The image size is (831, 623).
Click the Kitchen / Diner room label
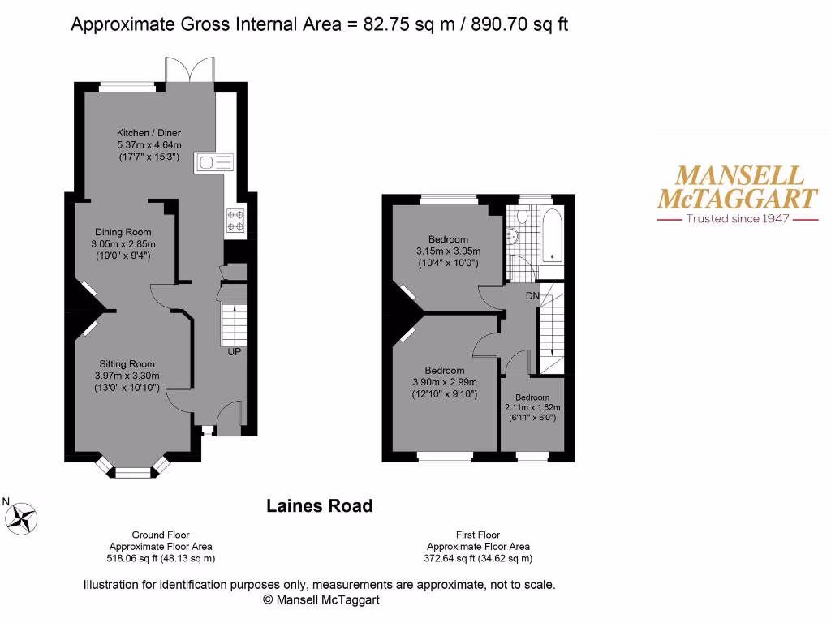point(149,133)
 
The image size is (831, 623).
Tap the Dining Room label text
point(123,232)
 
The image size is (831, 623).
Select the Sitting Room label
point(127,364)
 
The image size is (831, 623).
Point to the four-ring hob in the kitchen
point(235,221)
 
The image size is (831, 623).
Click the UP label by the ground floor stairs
point(234,351)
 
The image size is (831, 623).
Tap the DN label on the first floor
point(532,296)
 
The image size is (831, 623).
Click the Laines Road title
point(320,506)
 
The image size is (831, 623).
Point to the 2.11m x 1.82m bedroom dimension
point(532,408)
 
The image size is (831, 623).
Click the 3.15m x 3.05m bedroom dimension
point(448,251)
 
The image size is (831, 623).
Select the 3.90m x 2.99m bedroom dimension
point(445,383)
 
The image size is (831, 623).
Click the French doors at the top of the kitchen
point(189,71)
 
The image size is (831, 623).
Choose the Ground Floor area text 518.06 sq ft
point(161,558)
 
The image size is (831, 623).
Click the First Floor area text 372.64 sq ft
point(477,558)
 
